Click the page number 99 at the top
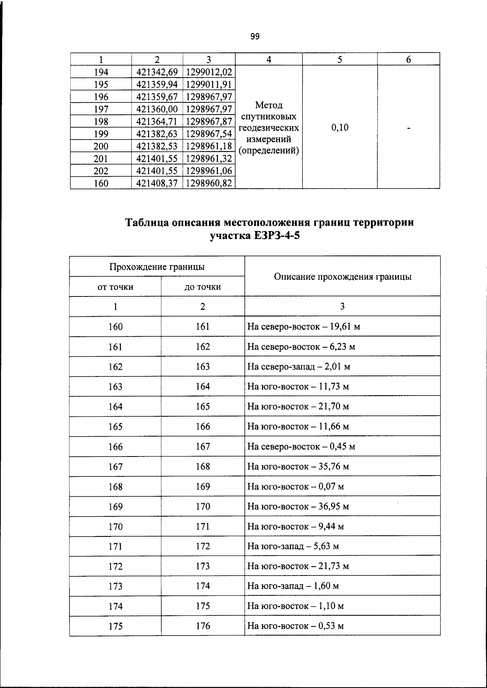[255, 37]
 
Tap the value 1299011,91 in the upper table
[209, 84]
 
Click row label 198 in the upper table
[101, 121]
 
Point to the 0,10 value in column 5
[340, 128]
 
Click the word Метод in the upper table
[269, 105]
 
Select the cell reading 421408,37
[157, 183]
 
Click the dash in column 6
[409, 128]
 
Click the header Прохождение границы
[157, 267]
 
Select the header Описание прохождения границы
[343, 277]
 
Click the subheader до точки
[203, 287]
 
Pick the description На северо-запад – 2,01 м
[299, 367]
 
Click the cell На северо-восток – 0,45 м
[301, 447]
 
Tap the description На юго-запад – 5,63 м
[293, 546]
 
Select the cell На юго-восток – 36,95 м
[298, 506]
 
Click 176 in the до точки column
[203, 626]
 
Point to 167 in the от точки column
[115, 467]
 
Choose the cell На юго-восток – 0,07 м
[295, 487]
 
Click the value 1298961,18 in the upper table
[209, 146]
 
